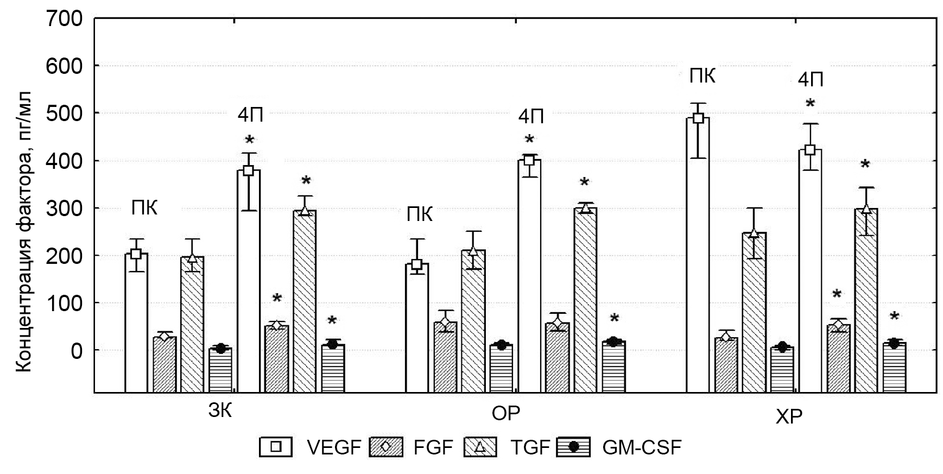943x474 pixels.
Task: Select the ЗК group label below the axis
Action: pos(220,411)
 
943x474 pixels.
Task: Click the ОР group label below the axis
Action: pos(505,413)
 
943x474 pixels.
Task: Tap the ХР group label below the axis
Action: pos(789,417)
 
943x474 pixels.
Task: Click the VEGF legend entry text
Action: pos(333,447)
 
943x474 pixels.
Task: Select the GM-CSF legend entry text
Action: pos(641,447)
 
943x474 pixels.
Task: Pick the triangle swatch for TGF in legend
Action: pos(480,447)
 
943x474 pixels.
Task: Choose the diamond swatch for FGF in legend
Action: pos(385,447)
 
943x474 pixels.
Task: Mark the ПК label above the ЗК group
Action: pos(144,207)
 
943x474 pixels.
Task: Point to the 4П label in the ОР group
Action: pos(530,116)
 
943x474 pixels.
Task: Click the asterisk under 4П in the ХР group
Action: pos(810,104)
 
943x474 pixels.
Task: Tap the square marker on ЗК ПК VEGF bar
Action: pos(136,254)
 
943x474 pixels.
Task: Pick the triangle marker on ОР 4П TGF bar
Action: pos(585,208)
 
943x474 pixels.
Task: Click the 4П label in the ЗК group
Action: pos(250,115)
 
